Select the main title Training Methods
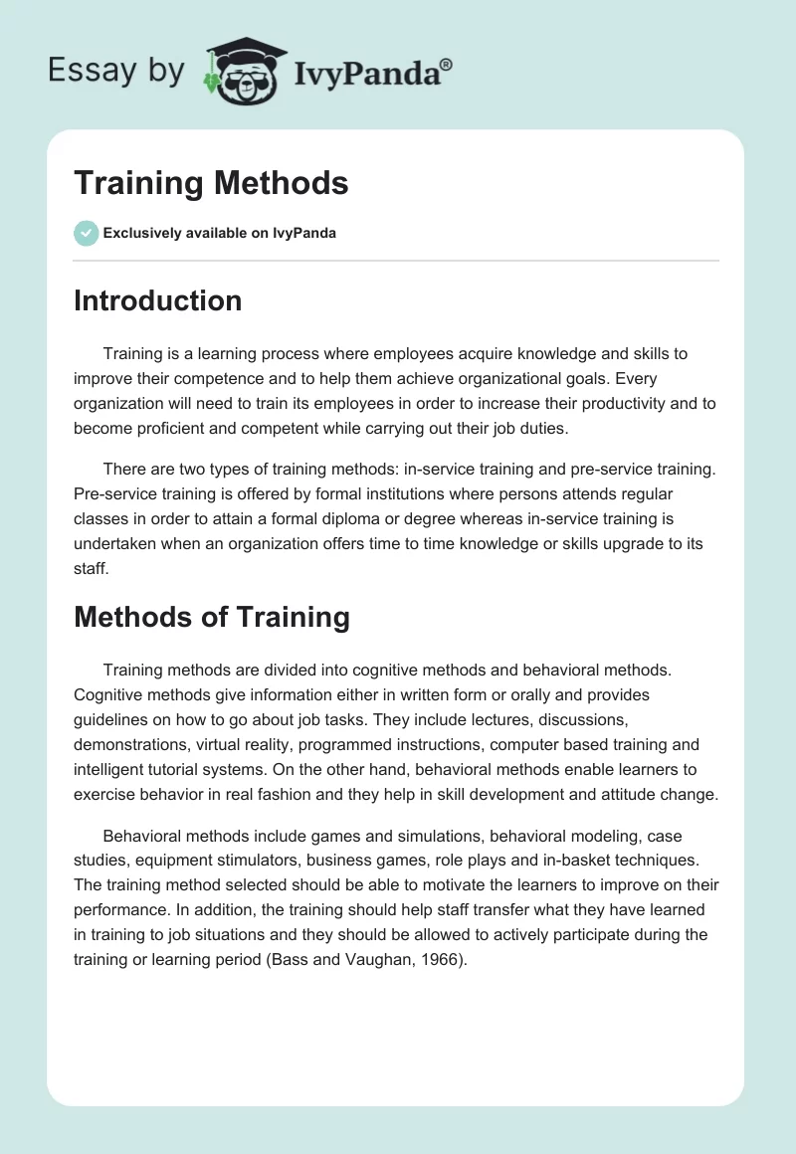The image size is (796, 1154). click(211, 183)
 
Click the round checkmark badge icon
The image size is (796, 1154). click(86, 233)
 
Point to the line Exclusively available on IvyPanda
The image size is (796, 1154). click(219, 234)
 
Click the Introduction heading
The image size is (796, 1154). click(157, 300)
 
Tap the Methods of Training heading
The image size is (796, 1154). click(211, 617)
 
